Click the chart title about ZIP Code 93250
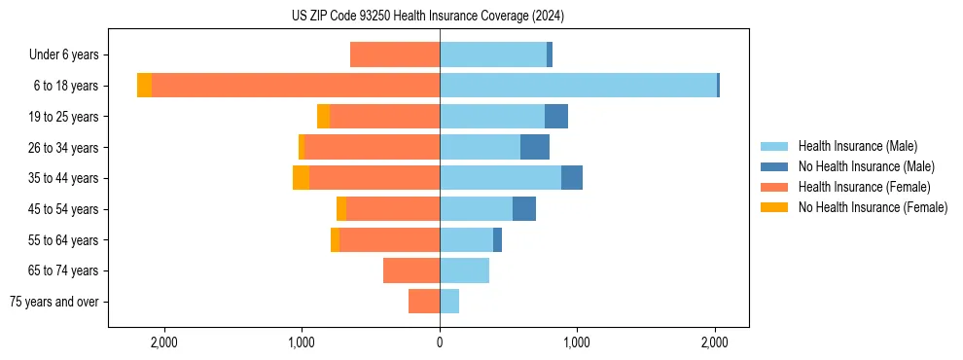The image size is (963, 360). [428, 16]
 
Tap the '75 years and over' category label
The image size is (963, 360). [54, 302]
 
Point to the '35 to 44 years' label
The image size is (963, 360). [64, 178]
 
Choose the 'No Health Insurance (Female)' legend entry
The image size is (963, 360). [872, 207]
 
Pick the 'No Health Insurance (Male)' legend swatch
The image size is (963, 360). [774, 166]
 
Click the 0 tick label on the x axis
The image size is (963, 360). [440, 342]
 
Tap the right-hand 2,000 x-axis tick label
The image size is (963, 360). [715, 342]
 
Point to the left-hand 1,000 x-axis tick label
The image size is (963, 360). [302, 342]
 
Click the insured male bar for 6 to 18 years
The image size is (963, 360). [578, 86]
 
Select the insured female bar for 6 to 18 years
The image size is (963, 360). [296, 86]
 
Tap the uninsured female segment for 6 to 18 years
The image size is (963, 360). [144, 86]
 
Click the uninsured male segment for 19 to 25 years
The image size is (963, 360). [556, 117]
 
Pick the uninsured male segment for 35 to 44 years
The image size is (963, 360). [572, 178]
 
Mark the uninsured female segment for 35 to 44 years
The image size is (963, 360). [301, 178]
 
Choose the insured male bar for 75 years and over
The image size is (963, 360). [449, 302]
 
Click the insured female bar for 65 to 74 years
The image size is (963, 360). [411, 270]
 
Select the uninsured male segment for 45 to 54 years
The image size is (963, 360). [524, 209]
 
